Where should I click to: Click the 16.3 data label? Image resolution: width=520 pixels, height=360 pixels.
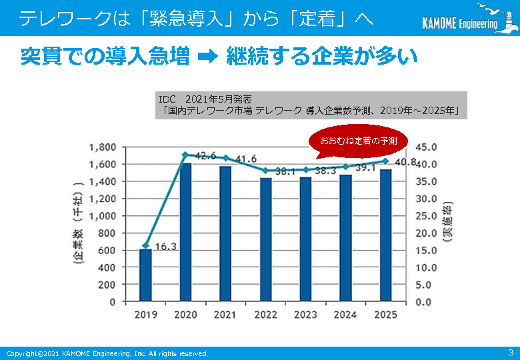pyautogui.click(x=165, y=247)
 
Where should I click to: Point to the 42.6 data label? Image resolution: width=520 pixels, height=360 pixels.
pyautogui.click(x=206, y=155)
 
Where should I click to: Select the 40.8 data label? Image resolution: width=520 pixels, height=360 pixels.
pyautogui.click(x=405, y=162)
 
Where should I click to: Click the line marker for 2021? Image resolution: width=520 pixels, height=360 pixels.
pyautogui.click(x=225, y=158)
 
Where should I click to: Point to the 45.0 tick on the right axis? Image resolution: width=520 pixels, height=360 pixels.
pyautogui.click(x=426, y=147)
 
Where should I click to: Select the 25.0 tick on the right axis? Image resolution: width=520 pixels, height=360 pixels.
pyautogui.click(x=426, y=215)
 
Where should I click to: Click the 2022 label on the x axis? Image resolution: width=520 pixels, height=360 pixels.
pyautogui.click(x=265, y=315)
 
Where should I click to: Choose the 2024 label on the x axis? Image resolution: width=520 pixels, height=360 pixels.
pyautogui.click(x=345, y=315)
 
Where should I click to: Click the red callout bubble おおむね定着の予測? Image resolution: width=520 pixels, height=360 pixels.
pyautogui.click(x=358, y=141)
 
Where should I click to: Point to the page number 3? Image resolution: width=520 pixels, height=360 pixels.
pyautogui.click(x=511, y=352)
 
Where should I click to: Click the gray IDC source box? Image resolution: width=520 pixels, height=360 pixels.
pyautogui.click(x=311, y=105)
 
